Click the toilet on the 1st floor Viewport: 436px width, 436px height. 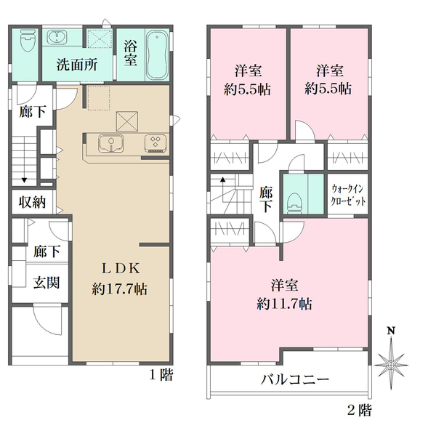click(28, 41)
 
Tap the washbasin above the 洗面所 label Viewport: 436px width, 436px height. click(57, 37)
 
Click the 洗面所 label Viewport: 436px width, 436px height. click(77, 65)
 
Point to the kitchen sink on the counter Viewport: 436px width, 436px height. click(111, 143)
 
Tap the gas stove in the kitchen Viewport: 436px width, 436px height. click(156, 143)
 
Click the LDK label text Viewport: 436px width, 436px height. click(121, 268)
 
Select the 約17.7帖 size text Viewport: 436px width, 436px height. click(120, 289)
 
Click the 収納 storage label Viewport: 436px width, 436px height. click(32, 202)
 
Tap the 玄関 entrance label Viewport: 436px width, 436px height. click(47, 283)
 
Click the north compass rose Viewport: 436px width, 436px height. click(391, 364)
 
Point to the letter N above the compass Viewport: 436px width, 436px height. click(391, 331)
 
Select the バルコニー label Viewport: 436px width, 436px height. click(295, 379)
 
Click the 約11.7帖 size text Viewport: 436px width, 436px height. click(284, 304)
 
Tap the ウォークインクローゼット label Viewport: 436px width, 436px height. click(348, 195)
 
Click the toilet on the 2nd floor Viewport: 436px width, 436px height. click(294, 203)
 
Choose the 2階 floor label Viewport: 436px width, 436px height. click(360, 410)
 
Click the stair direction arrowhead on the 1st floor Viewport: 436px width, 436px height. click(24, 180)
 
